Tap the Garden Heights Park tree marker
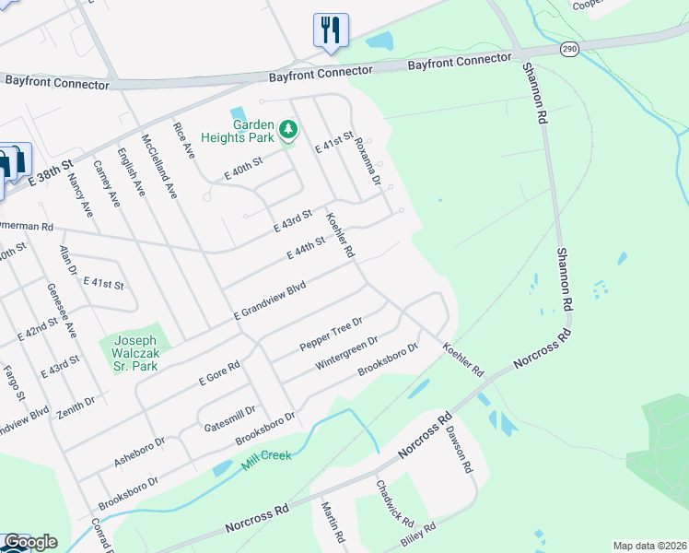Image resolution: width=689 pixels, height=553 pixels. click(288, 129)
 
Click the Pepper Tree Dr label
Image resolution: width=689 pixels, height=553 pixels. click(332, 334)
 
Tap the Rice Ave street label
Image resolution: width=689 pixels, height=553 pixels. click(185, 138)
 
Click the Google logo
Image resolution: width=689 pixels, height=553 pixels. click(29, 541)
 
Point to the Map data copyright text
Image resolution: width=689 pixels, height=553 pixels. click(649, 546)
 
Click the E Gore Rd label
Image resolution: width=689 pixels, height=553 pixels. click(219, 372)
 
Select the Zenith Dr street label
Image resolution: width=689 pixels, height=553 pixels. click(76, 405)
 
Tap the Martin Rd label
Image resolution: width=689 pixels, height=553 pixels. click(333, 521)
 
